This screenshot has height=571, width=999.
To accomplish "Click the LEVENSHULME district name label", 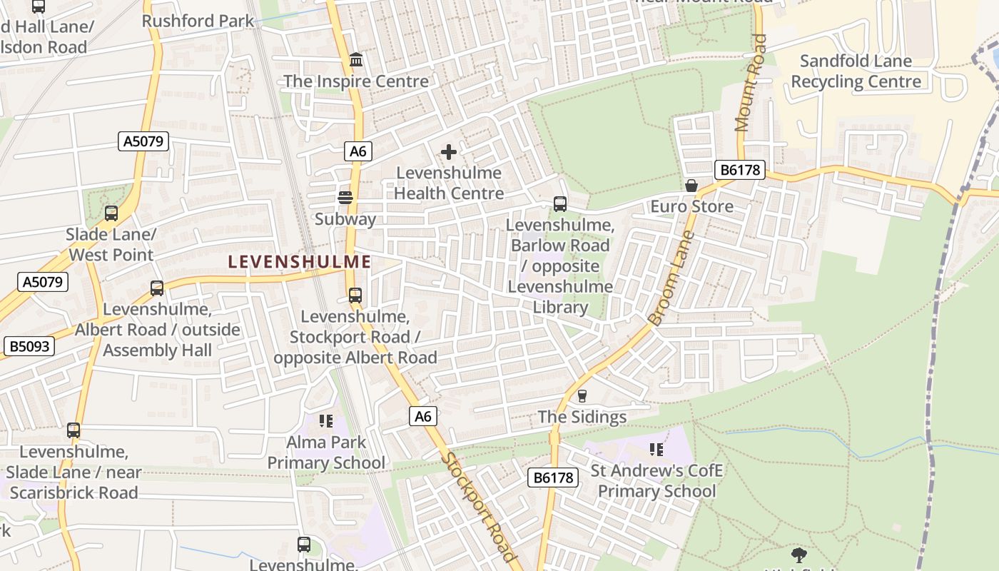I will (300, 262).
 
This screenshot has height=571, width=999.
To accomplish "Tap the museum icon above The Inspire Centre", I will (356, 60).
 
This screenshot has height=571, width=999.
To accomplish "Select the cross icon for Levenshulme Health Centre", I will (449, 151).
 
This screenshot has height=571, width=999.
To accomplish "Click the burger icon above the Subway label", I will (345, 198).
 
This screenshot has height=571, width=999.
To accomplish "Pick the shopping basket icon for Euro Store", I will (691, 186).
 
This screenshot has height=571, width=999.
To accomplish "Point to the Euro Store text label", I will (691, 207).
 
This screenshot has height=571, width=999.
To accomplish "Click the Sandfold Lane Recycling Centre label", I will (856, 71).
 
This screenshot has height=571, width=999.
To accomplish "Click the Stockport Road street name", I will (477, 507).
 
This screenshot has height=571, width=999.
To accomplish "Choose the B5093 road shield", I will (29, 347).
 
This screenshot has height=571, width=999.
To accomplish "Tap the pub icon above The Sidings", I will (582, 396).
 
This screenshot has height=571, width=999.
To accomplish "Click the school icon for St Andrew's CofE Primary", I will (656, 450).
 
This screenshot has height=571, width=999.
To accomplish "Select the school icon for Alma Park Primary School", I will (326, 421).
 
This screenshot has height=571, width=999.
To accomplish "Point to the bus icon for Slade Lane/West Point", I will (111, 213).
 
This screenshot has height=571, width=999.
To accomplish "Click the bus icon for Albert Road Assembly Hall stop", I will (157, 288).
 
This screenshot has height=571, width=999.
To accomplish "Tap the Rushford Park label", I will (198, 21).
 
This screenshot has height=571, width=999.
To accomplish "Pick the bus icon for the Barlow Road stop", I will (560, 204).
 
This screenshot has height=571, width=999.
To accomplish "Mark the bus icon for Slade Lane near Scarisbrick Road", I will (73, 430).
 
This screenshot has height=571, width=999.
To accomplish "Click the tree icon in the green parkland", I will (799, 555).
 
